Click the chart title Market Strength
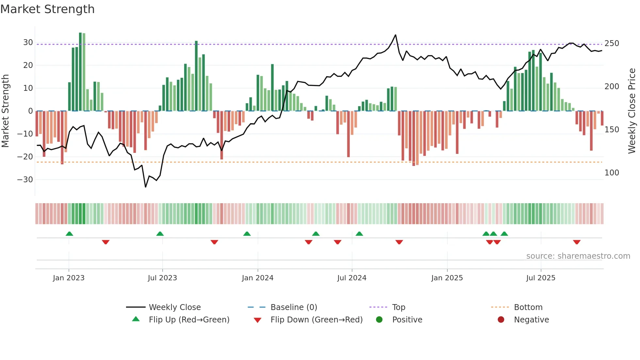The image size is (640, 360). pos(47,9)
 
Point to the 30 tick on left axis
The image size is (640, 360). pos(28,42)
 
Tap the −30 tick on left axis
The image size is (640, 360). pos(25,180)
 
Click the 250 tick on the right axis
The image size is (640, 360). pos(612,43)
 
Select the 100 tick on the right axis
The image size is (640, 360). pos(612,173)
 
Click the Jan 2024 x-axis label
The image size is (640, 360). pos(258,278)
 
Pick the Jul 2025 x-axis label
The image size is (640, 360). pos(541,278)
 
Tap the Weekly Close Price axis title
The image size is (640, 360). pos(632,111)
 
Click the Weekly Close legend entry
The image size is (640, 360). pos(174,307)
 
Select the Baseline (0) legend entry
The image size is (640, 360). pos(294,307)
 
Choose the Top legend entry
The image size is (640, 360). pos(398,307)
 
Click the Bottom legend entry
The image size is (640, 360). pos(528,307)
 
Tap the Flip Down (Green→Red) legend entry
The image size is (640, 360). pos(316,320)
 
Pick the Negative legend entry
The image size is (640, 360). pos(531,320)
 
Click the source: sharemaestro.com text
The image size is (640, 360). pos(578,256)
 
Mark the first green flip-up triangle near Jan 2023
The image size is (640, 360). pos(69,234)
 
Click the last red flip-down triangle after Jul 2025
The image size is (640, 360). pos(577,242)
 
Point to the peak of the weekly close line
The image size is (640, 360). pos(395,35)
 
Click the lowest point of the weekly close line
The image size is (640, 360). pos(146,187)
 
